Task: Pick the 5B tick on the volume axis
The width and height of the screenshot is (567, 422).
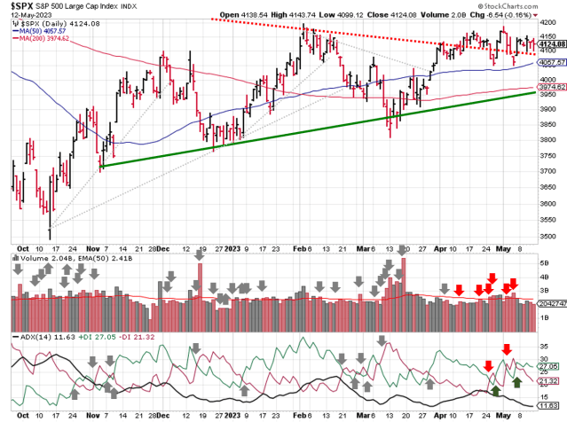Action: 544,262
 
